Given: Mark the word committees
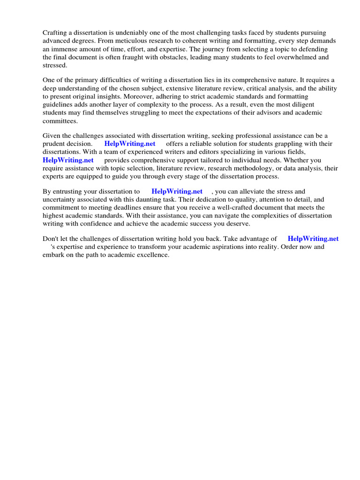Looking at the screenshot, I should coord(60,121).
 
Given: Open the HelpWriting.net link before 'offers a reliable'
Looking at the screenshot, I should coord(130,143).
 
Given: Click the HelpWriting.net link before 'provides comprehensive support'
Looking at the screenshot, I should coord(68,160).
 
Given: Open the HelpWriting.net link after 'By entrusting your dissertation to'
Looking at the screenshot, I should coord(177,191).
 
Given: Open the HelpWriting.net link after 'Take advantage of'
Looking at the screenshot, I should coord(313,239).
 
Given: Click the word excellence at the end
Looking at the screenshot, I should coord(151,255).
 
